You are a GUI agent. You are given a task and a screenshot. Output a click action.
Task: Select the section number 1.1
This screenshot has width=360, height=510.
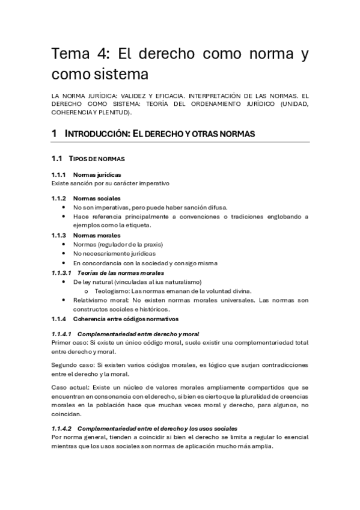[57, 158]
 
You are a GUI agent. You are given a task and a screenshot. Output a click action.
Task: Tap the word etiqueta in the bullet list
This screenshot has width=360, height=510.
[136, 225]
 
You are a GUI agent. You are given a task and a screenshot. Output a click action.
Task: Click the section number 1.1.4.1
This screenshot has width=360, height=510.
[62, 333]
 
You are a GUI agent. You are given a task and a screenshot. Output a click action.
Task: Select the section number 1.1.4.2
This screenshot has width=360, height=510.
[62, 428]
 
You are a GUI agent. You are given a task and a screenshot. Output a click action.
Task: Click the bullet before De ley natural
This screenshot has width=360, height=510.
[64, 281]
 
